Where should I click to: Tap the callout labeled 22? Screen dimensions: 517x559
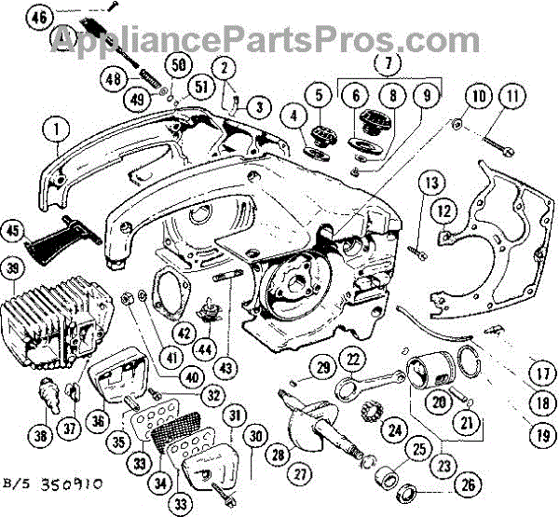point(352,359)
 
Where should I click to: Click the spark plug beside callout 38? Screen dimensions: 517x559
point(48,395)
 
